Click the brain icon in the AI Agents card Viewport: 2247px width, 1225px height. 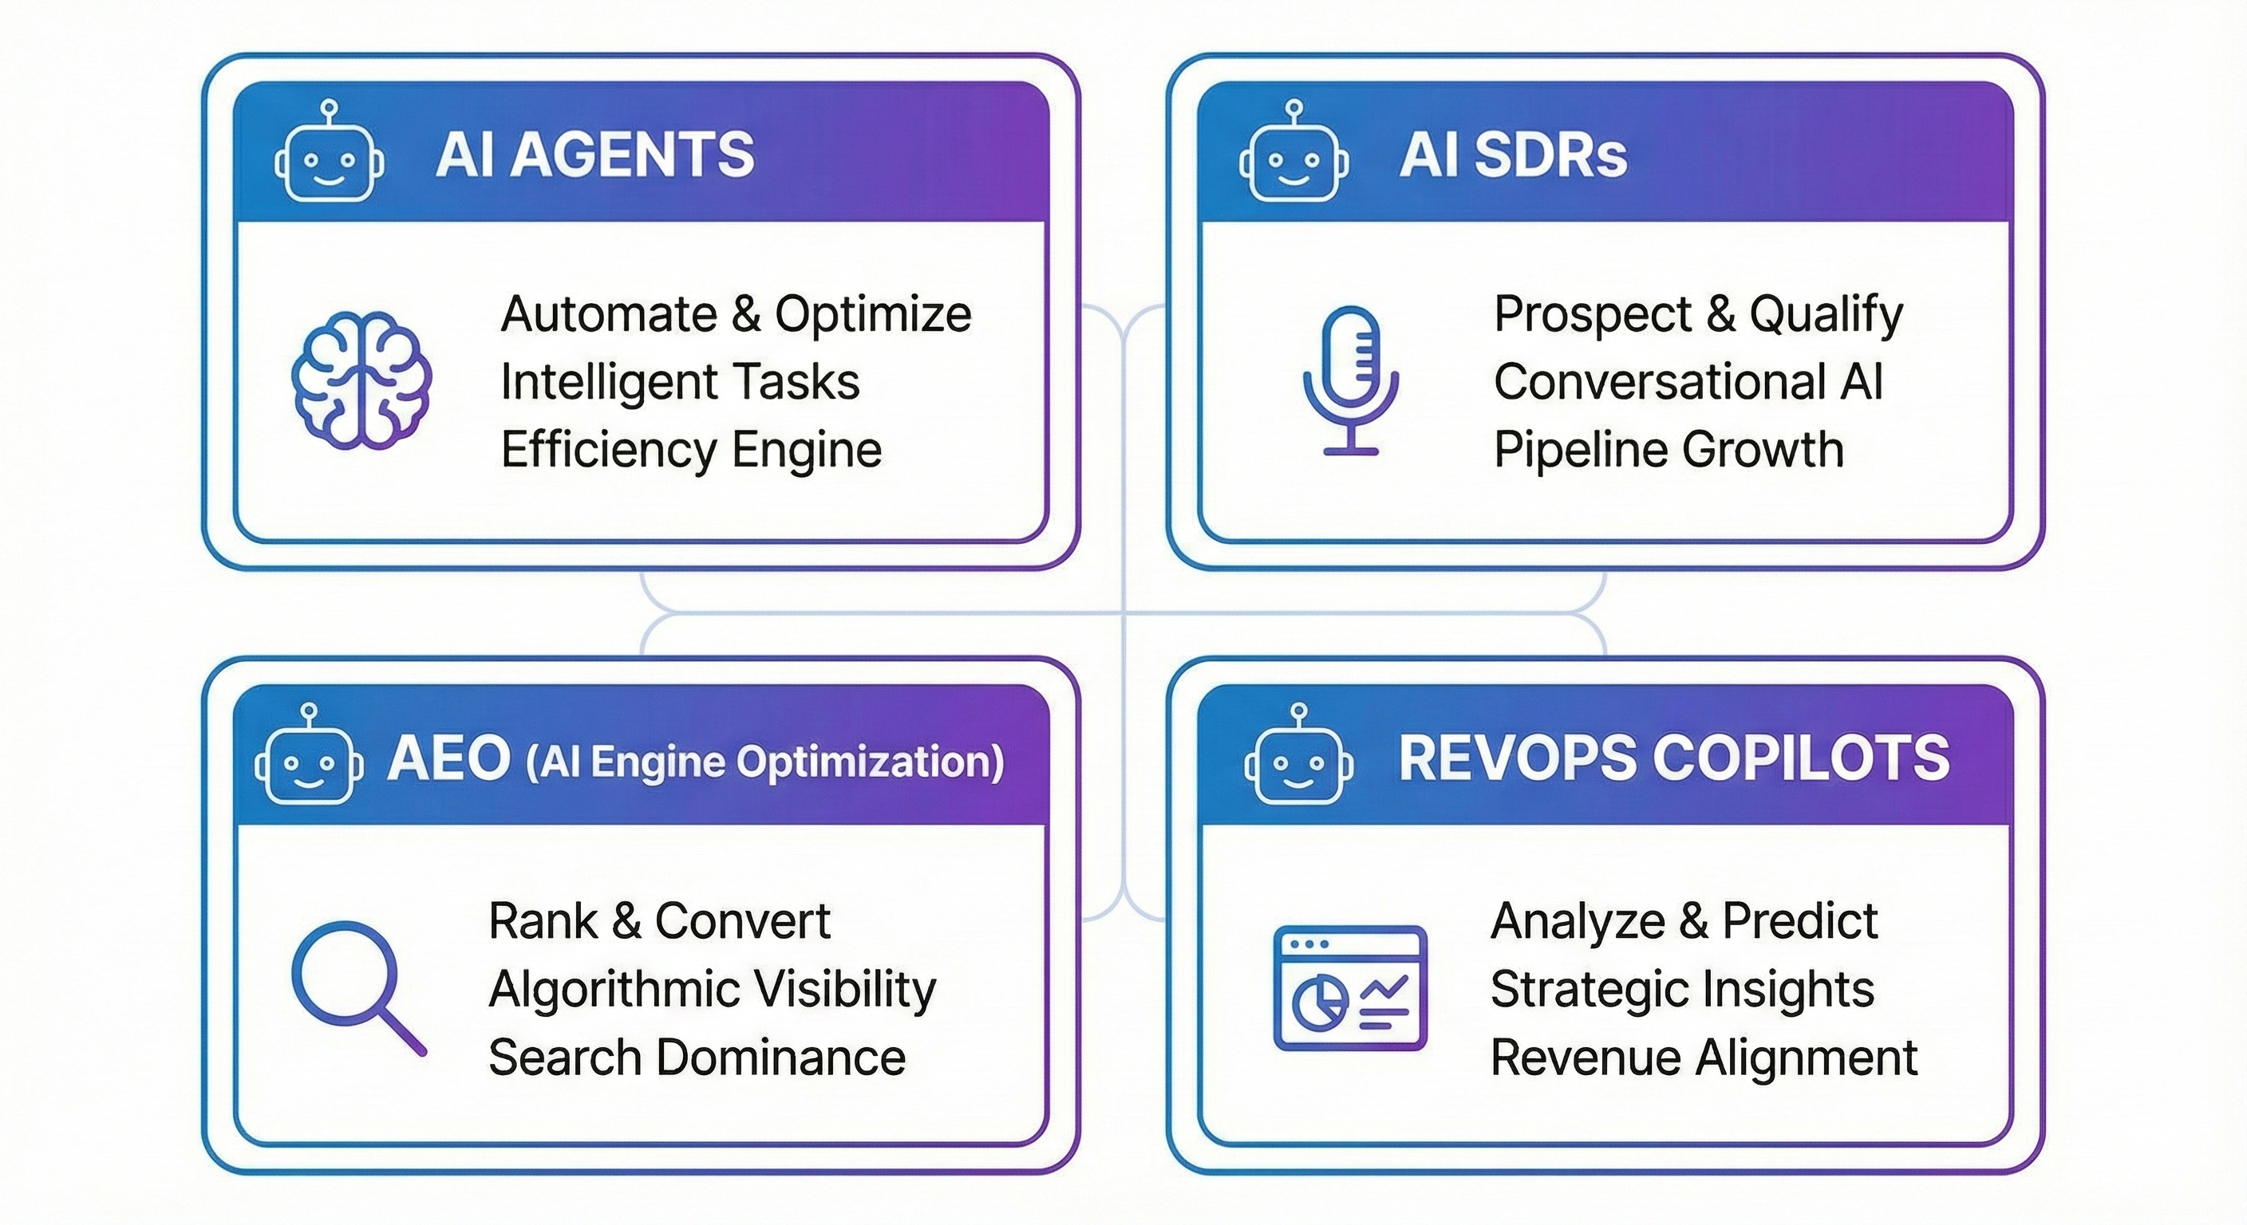pos(360,380)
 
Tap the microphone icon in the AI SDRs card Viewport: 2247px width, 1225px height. pos(1350,380)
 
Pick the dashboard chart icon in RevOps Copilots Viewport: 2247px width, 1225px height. pos(1349,988)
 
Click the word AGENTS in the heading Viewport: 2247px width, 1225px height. pos(633,155)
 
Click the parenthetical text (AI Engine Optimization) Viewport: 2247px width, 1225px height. pos(764,761)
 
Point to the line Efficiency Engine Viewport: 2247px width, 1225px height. pos(691,450)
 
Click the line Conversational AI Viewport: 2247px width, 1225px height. pos(1688,382)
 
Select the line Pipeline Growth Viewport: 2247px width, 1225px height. pos(1668,450)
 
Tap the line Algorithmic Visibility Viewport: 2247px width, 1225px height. pos(712,989)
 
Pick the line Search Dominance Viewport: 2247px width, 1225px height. pos(697,1057)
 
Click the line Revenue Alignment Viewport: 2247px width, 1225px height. pos(1704,1057)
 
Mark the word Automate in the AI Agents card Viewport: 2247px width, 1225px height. pos(609,314)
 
